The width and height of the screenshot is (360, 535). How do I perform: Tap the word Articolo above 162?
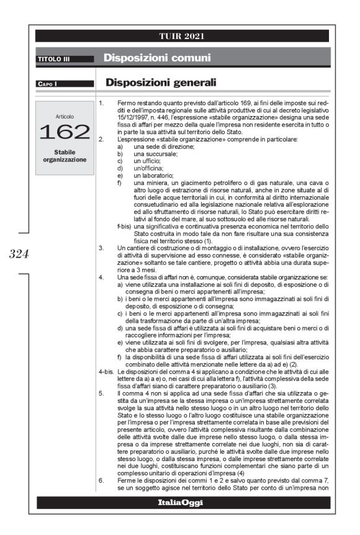pyautogui.click(x=65, y=115)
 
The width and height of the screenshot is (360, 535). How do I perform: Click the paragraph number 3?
pyautogui.click(x=101, y=246)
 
